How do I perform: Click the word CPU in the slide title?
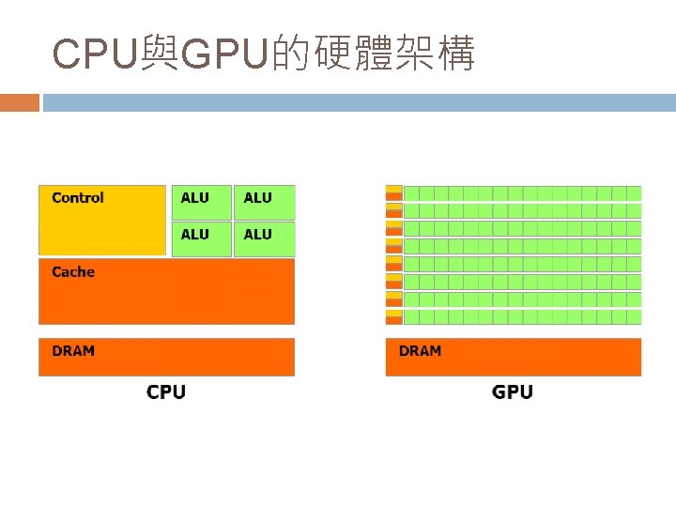(x=95, y=55)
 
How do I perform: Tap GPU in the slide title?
(x=224, y=55)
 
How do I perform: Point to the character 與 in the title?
(x=160, y=55)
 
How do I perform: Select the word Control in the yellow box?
(x=78, y=198)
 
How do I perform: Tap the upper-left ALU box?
(x=201, y=202)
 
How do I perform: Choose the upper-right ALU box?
(x=264, y=202)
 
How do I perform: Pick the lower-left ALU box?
(x=201, y=238)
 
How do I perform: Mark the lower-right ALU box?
(x=264, y=238)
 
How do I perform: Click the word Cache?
(x=73, y=272)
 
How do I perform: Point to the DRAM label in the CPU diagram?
(x=73, y=351)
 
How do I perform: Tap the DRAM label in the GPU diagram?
(x=420, y=351)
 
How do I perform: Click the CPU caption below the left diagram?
(x=166, y=392)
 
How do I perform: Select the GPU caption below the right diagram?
(x=513, y=392)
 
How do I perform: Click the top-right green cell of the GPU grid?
(x=634, y=193)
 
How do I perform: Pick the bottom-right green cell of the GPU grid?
(x=634, y=317)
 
